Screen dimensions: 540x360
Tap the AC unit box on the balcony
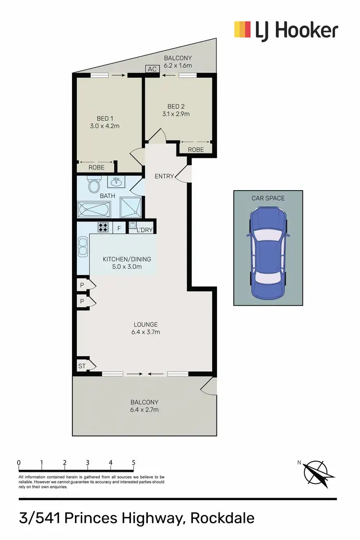tap(152, 69)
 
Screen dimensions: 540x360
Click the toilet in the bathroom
tap(94, 185)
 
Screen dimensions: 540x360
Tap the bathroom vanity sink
tap(116, 181)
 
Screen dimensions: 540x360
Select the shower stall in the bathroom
tap(131, 207)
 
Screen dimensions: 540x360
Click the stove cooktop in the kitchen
tap(103, 227)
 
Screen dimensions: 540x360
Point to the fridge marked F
tap(119, 228)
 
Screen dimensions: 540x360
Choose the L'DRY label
tap(144, 230)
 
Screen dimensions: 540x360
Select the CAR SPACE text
tap(268, 198)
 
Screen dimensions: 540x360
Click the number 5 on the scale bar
tap(133, 463)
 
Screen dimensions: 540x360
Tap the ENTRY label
tap(164, 176)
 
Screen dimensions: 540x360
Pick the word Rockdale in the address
tap(222, 518)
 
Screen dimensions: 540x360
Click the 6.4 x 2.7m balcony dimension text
tap(144, 410)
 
